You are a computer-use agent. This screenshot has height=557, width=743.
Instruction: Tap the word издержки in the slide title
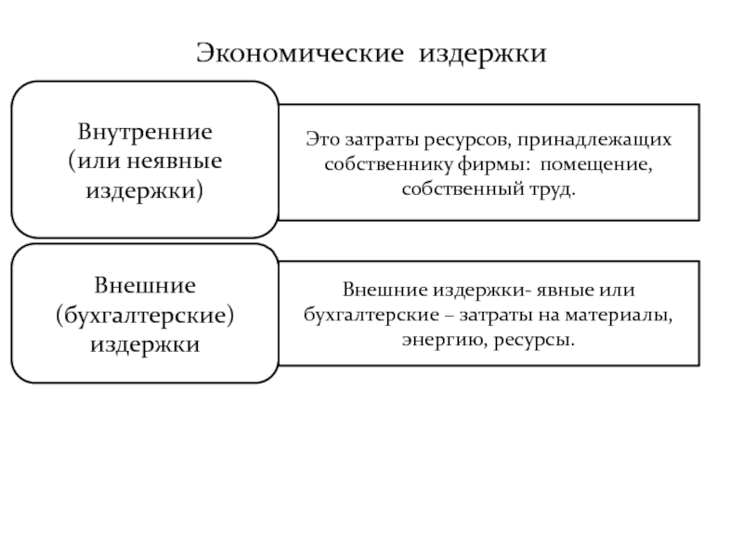click(485, 54)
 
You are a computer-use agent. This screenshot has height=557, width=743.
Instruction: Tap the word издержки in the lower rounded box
click(145, 345)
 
